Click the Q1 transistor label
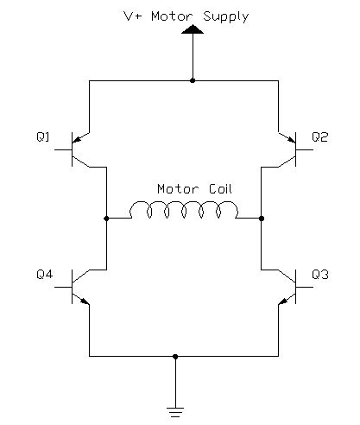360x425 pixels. tap(43, 136)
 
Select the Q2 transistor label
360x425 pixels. tap(319, 136)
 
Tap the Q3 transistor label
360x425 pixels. tap(320, 275)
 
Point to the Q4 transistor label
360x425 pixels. tap(45, 274)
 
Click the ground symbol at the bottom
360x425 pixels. tap(175, 412)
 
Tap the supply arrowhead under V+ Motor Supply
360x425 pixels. tap(193, 29)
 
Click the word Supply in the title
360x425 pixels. tap(225, 16)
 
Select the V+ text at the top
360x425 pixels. tap(132, 16)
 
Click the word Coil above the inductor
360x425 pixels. tap(220, 189)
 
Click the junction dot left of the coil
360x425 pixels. tap(106, 219)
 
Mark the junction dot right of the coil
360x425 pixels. tap(262, 219)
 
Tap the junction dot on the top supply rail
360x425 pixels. tap(193, 80)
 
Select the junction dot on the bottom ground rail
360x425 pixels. tap(175, 357)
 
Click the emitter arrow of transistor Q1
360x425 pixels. tap(78, 139)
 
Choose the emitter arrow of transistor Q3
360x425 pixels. tap(284, 301)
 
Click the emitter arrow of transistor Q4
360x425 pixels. tap(84, 301)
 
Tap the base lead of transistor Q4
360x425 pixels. tap(63, 287)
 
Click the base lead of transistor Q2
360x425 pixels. tap(305, 149)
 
